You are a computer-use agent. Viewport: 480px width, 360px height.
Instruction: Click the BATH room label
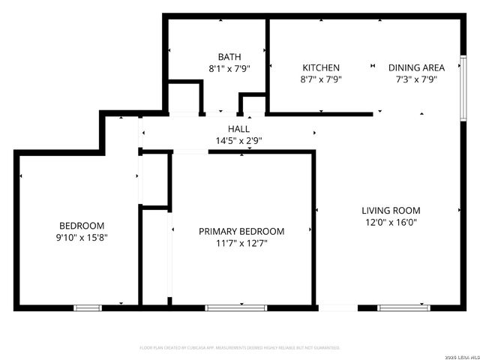coord(229,57)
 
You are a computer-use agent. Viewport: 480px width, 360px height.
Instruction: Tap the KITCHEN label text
coord(321,67)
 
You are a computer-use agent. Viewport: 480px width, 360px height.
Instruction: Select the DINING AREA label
coord(416,67)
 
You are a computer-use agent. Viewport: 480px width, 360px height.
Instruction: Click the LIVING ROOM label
coord(391,211)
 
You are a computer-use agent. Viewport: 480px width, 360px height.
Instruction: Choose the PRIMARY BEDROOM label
coord(241,232)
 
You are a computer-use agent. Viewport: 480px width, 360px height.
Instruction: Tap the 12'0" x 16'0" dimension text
coord(391,222)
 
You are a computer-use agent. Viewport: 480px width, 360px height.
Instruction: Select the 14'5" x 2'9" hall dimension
coord(238,140)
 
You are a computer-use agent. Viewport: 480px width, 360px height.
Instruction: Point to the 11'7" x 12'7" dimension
coord(241,243)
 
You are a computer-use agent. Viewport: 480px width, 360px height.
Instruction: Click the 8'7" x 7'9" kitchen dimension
coord(321,79)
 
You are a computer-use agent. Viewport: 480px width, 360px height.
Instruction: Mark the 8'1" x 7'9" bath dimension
coord(229,68)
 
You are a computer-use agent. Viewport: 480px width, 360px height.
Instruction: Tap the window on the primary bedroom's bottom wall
coord(235,307)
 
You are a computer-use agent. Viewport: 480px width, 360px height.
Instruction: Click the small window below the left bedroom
coord(87,307)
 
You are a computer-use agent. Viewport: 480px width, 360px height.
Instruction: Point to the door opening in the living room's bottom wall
coord(337,307)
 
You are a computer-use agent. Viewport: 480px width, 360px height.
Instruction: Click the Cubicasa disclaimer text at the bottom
coord(240,348)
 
